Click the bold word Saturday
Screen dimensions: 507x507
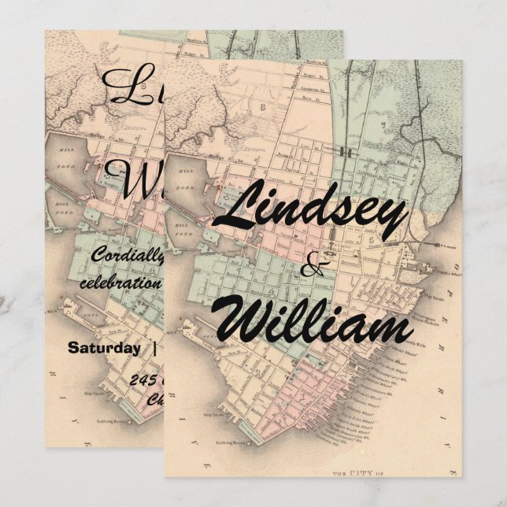104,347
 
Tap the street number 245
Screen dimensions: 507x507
146,380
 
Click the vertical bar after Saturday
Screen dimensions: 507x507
154,347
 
